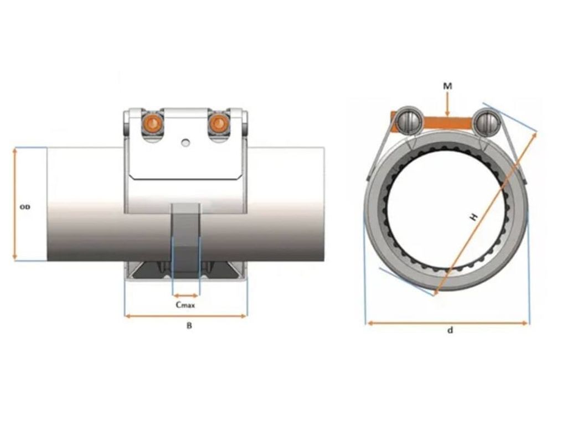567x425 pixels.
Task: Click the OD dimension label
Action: click(x=25, y=207)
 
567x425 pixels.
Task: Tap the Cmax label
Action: click(x=185, y=305)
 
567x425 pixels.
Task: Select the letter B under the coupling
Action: click(x=189, y=326)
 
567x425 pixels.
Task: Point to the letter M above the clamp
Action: click(x=447, y=86)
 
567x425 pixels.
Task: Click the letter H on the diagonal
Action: click(x=473, y=217)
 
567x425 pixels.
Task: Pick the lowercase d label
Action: click(x=450, y=330)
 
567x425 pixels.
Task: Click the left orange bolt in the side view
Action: click(x=151, y=123)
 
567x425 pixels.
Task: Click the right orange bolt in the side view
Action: click(x=218, y=123)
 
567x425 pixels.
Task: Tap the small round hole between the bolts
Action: click(x=185, y=143)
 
